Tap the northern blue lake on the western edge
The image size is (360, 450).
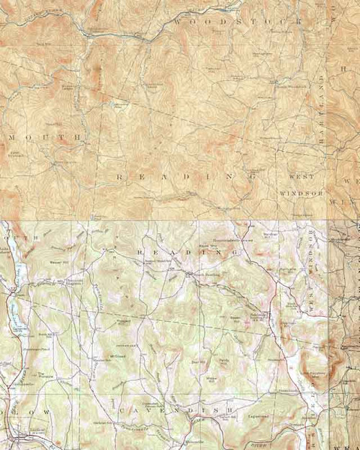point(21,271)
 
